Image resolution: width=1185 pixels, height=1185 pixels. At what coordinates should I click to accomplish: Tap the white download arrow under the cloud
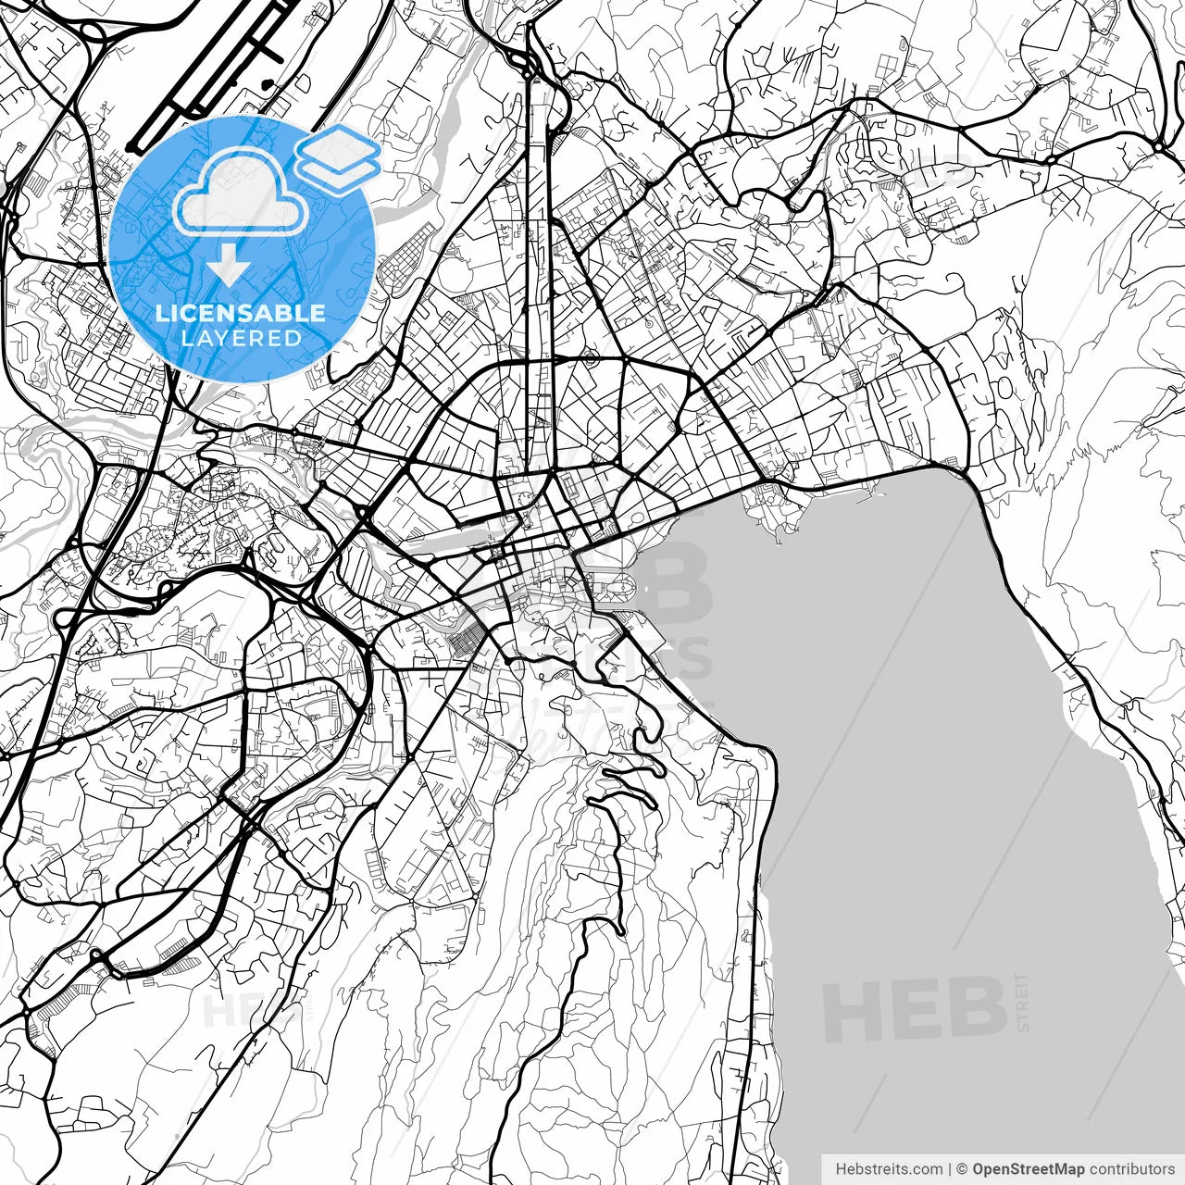coord(228,268)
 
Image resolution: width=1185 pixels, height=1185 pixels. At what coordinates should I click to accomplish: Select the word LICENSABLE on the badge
coord(241,313)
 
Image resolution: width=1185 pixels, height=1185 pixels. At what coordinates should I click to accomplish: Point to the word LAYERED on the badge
coord(241,338)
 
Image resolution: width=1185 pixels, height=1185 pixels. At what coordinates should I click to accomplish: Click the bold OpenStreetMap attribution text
coord(1029,1169)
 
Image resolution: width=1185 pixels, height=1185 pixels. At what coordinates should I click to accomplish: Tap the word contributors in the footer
coord(1131,1169)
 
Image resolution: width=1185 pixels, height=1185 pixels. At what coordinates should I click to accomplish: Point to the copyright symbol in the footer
coord(962,1169)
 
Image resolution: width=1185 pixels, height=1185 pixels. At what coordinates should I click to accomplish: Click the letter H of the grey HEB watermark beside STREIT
coord(853,1011)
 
